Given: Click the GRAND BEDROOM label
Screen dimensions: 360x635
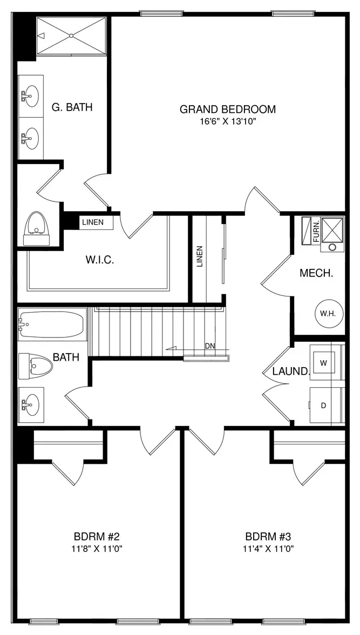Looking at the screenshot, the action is (x=228, y=109).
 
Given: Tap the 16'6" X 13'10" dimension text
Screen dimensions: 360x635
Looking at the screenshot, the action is (x=228, y=121).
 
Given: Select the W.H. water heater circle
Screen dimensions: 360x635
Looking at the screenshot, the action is (x=329, y=313).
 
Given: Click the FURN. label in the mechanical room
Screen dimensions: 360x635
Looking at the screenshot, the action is (x=316, y=231).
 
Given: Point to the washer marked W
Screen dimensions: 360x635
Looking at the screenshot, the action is (x=323, y=363).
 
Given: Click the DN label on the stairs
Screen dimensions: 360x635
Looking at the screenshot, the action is (x=209, y=346).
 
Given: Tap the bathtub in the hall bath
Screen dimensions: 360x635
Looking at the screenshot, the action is (x=52, y=324).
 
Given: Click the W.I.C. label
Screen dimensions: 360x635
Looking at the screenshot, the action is (x=100, y=260).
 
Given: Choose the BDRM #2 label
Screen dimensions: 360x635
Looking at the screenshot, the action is (x=97, y=537).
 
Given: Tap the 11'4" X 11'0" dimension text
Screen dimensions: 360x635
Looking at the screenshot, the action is (x=268, y=549).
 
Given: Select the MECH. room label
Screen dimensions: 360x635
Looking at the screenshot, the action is (x=316, y=273).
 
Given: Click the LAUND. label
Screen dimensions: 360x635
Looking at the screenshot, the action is (x=291, y=371).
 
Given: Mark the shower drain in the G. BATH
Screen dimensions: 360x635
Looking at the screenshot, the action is (x=71, y=36).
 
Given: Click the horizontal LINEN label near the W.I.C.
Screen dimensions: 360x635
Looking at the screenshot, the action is (x=93, y=222).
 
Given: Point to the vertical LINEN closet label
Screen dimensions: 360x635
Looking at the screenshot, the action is (x=199, y=257).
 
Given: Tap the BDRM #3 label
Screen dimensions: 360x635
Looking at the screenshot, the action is (x=268, y=537).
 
